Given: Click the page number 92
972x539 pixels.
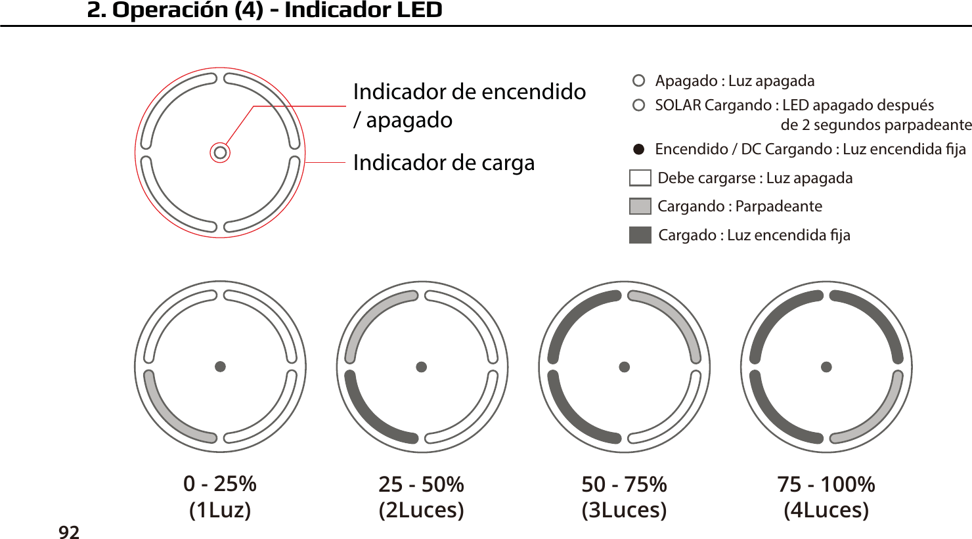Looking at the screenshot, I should pos(69,532).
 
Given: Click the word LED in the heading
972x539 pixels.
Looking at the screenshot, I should pos(416,10).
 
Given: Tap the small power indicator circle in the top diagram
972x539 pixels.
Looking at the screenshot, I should pos(220,153).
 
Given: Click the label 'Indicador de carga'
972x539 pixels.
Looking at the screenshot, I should pos(443,162).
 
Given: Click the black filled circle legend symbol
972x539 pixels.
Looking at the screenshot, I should pos(638,149).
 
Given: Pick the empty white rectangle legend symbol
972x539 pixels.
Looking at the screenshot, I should pos(640,178).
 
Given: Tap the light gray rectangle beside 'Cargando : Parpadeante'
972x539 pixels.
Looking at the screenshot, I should pos(640,206).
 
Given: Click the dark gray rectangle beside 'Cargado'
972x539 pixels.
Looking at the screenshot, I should pos(640,235).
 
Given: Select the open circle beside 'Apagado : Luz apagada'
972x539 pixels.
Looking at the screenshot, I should pos(638,81).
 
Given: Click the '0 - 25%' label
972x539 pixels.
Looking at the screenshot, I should pos(220,484).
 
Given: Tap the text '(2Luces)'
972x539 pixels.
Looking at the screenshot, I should pos(422,509).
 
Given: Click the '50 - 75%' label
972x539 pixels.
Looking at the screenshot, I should pos(624,485).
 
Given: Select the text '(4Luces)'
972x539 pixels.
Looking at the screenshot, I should pos(826,509).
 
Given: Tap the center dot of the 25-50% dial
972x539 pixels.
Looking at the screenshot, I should pos(422,367).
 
